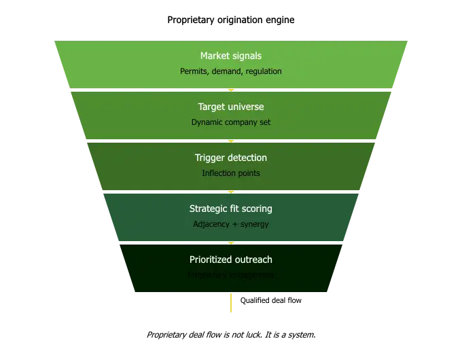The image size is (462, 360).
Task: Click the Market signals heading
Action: (x=231, y=56)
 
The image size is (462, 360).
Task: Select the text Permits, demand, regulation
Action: (x=231, y=71)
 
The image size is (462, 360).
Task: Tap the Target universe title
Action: (x=231, y=107)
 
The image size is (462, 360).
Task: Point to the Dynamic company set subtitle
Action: (x=231, y=122)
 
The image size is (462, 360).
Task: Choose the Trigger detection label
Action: (x=231, y=158)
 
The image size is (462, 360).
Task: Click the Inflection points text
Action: (x=231, y=173)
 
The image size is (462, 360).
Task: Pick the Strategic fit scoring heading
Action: (x=231, y=209)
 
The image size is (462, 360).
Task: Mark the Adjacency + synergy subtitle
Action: (x=231, y=224)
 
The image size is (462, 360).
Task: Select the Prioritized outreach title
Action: (x=231, y=259)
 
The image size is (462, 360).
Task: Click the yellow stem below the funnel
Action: (x=231, y=304)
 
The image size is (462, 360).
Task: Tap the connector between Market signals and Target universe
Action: (x=231, y=90)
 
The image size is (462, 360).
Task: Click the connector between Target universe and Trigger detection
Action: (x=231, y=141)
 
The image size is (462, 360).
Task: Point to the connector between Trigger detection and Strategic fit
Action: (x=231, y=192)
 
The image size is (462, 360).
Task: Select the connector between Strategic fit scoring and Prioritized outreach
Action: (x=231, y=243)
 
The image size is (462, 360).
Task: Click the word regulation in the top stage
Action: (x=262, y=71)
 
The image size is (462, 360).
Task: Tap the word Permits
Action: (x=194, y=71)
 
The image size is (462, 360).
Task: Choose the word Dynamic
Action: (x=207, y=122)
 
